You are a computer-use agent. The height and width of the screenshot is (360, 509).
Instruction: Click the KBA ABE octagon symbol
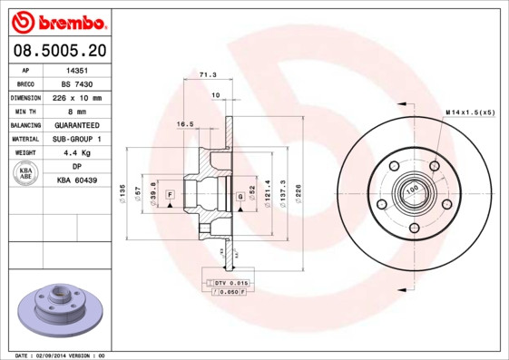tap(26, 173)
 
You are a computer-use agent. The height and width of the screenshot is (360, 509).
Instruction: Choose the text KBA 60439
tap(76, 181)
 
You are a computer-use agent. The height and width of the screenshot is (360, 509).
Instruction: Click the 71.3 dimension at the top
tap(208, 75)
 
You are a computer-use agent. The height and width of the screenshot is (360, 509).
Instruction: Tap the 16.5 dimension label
tap(185, 123)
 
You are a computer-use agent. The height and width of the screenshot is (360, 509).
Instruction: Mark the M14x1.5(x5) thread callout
tap(470, 112)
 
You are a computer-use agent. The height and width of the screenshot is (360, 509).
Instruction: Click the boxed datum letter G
tap(240, 195)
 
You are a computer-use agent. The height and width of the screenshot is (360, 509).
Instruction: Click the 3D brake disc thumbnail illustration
tap(59, 314)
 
